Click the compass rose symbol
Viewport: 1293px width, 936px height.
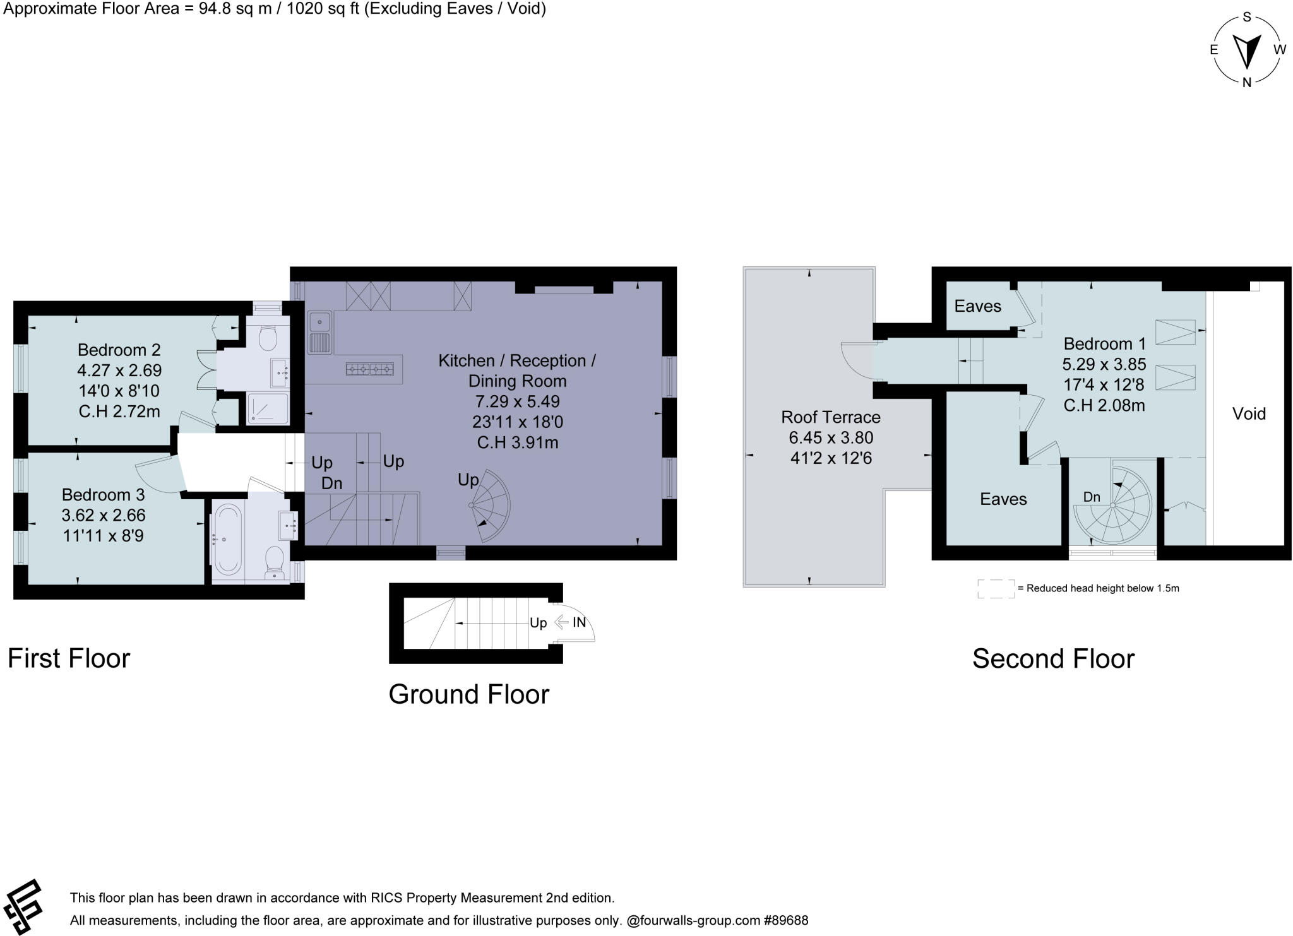(1246, 50)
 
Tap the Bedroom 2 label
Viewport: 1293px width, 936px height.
(119, 350)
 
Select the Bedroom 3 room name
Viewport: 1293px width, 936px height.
(103, 494)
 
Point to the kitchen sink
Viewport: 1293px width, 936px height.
(320, 332)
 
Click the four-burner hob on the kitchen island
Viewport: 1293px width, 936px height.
(369, 369)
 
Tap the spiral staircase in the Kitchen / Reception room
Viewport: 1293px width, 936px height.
(490, 506)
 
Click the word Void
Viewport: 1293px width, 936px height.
(1249, 414)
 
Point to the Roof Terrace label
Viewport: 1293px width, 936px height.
(830, 417)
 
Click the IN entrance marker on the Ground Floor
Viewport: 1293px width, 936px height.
(579, 622)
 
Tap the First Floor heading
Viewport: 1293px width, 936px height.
(69, 658)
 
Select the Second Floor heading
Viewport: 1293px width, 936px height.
(1053, 659)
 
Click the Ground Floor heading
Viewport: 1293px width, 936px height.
(468, 694)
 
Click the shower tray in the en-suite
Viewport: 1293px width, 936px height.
(267, 408)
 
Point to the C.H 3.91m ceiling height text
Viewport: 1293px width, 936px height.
(517, 442)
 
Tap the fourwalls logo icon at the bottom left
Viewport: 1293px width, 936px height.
(23, 907)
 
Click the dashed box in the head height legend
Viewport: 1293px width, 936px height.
(996, 588)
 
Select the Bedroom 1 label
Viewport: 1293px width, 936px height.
(1104, 344)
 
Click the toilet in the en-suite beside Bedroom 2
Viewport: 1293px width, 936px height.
(268, 338)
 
